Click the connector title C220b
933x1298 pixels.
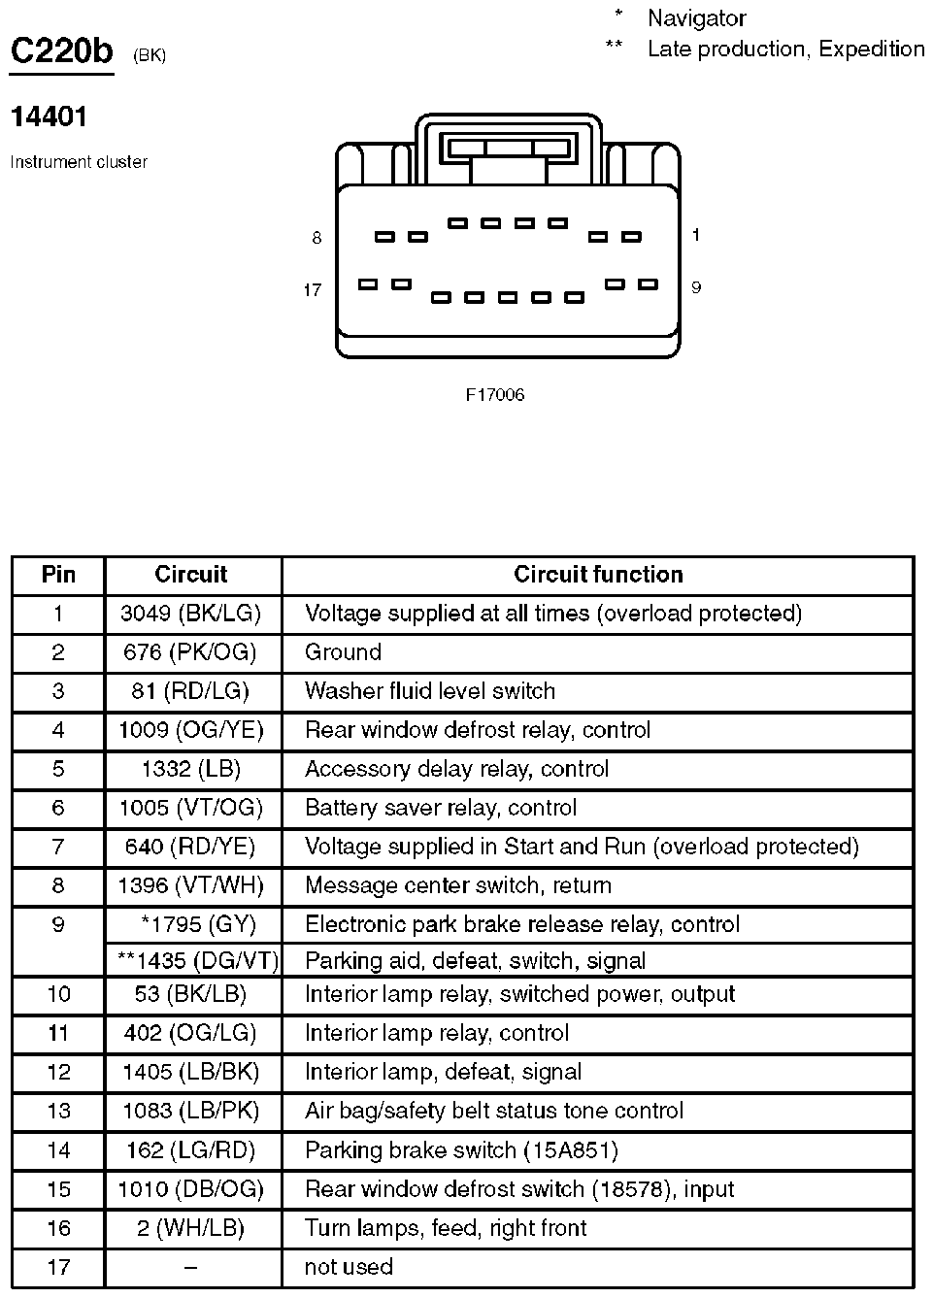pos(61,50)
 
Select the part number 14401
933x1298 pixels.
pos(49,116)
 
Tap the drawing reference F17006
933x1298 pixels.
pos(495,395)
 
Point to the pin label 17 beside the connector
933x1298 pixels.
pos(312,290)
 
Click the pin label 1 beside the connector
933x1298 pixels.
pos(696,235)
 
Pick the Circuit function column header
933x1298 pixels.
pos(598,575)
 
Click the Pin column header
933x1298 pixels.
pos(58,575)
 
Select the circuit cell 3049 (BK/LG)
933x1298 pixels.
pos(190,614)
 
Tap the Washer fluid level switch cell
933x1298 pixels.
pos(430,691)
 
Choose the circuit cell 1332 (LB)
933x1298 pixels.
pos(190,769)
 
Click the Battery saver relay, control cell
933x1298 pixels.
pos(441,808)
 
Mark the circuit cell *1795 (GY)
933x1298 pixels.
pos(198,924)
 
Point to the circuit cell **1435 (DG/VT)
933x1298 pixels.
pos(198,961)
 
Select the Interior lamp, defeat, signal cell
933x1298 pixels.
pos(443,1072)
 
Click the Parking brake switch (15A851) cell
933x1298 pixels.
pos(461,1150)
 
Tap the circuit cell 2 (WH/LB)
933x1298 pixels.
pos(190,1228)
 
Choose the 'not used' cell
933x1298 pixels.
pos(349,1267)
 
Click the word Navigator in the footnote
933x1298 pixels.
pos(696,17)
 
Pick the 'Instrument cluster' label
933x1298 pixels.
pos(79,162)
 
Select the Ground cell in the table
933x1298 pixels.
pos(343,652)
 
